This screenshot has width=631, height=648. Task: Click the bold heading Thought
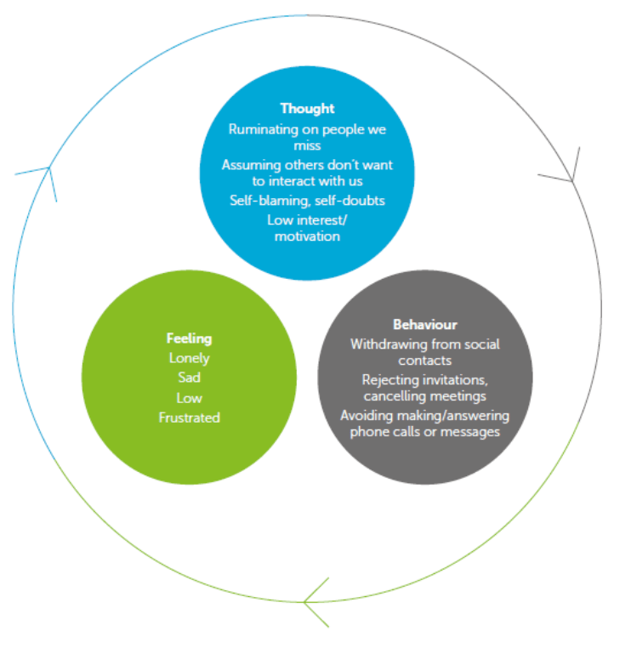[307, 109]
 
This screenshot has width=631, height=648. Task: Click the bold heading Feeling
[189, 338]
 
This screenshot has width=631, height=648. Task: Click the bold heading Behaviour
[424, 325]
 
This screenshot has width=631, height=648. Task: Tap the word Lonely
[189, 358]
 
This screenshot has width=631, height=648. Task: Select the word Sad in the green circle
[189, 378]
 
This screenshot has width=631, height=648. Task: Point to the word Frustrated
[189, 418]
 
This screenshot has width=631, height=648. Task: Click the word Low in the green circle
[189, 398]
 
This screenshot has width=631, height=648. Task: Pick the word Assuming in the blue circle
[249, 165]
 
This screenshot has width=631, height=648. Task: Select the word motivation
[307, 236]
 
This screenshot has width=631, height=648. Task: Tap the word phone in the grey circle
[368, 432]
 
